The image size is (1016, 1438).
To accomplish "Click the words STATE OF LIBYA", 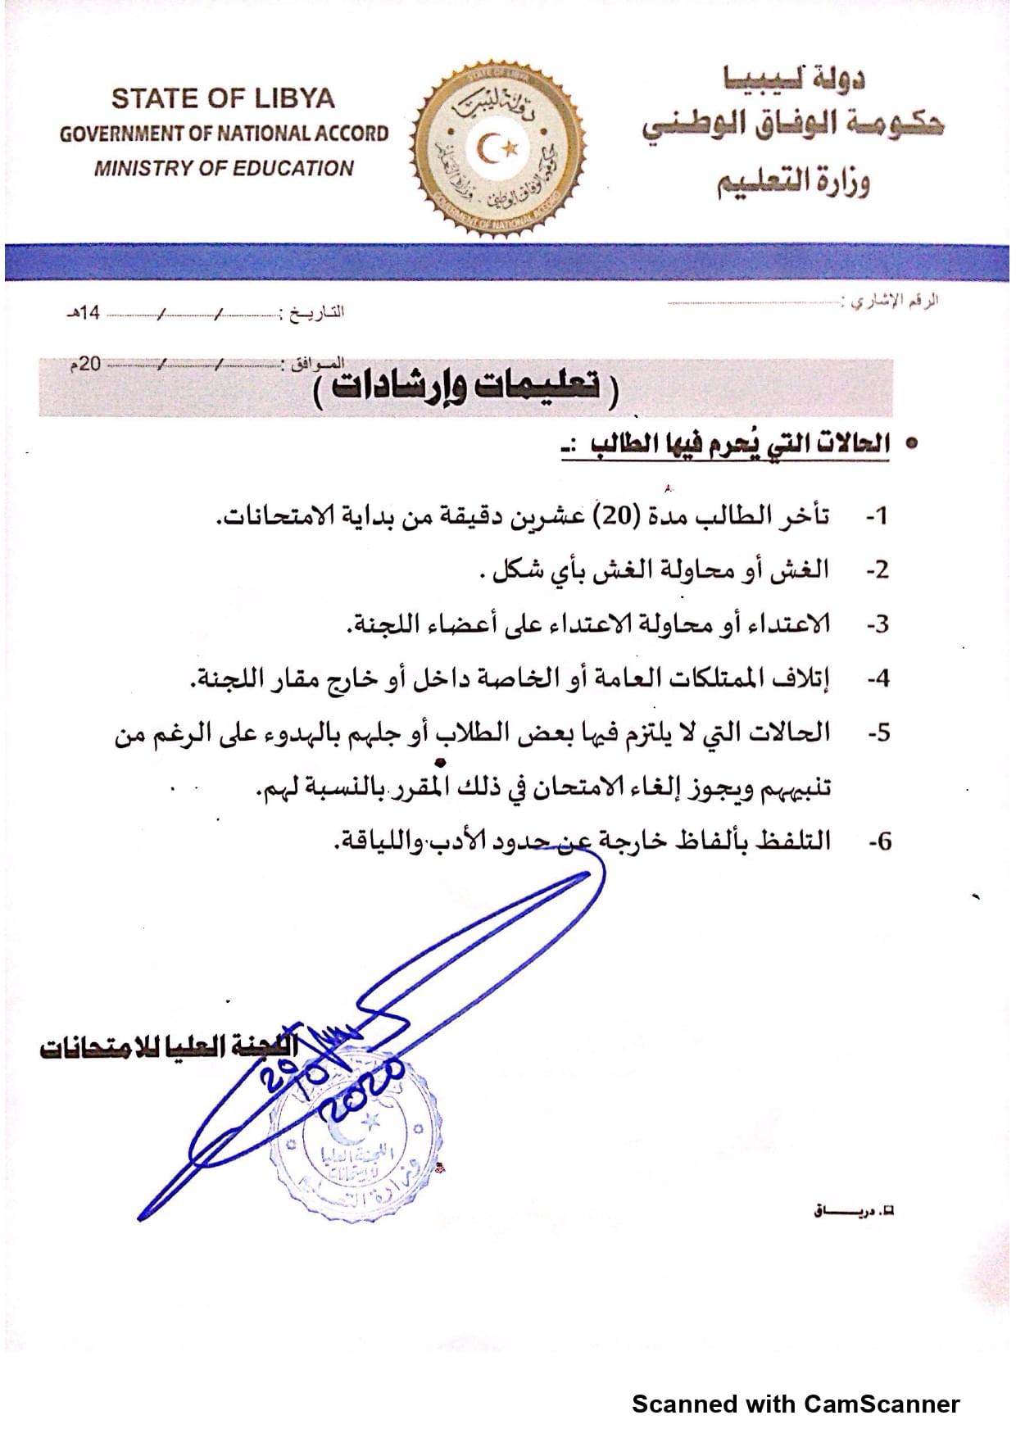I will tap(223, 98).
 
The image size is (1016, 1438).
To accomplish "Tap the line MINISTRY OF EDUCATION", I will tap(223, 168).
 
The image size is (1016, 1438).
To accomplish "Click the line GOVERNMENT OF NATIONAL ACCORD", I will tap(224, 134).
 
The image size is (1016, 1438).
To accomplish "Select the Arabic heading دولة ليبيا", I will tap(793, 79).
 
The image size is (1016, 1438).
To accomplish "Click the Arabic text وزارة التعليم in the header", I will tap(793, 182).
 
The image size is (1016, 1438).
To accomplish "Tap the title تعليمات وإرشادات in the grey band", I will tap(466, 386).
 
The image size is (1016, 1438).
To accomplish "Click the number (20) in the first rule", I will tap(610, 515).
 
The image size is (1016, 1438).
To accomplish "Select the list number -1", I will tap(878, 515).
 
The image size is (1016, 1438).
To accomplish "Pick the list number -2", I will tap(878, 569).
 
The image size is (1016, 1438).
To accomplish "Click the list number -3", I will tap(878, 624).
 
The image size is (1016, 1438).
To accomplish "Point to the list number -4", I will tap(878, 678).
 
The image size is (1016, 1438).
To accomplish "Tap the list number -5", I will tap(878, 733).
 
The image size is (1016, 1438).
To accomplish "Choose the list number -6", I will tap(879, 841).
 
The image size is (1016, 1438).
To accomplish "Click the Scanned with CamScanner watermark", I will tap(795, 1404).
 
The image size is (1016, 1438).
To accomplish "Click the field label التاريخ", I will tap(313, 312).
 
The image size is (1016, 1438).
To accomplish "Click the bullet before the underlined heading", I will tap(910, 443).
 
